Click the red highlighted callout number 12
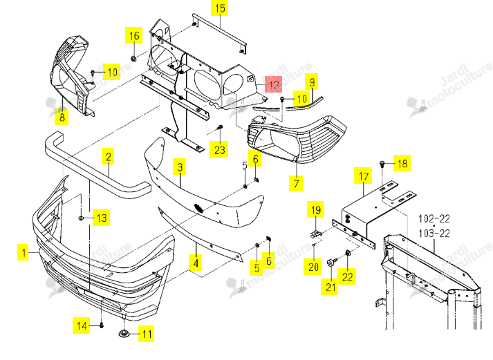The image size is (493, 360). point(274,84)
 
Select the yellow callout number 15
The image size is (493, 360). point(220,8)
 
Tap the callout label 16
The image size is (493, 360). point(134,35)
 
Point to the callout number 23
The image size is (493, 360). point(219,149)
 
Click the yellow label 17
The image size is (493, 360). point(363,176)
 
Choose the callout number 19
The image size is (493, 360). point(316,210)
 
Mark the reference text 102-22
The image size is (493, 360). point(434,218)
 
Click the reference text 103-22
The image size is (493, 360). point(434,234)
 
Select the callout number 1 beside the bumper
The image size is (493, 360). point(24,252)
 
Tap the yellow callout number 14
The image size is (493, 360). point(82,325)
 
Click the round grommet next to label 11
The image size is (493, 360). point(124,333)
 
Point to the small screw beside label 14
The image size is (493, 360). point(102,325)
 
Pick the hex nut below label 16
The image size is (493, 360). point(133,59)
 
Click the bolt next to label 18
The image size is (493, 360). point(382,164)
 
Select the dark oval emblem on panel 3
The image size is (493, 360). point(198,208)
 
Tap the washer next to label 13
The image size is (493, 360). point(81,218)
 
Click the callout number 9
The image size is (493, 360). point(312,82)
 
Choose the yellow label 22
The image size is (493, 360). point(347,276)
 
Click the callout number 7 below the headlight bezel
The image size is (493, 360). point(296,183)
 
